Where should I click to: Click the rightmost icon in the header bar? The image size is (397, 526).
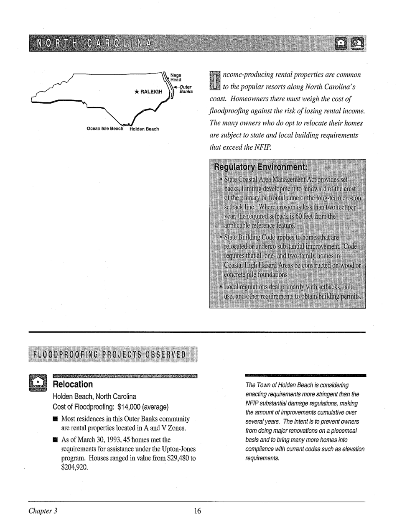tap(357, 43)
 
